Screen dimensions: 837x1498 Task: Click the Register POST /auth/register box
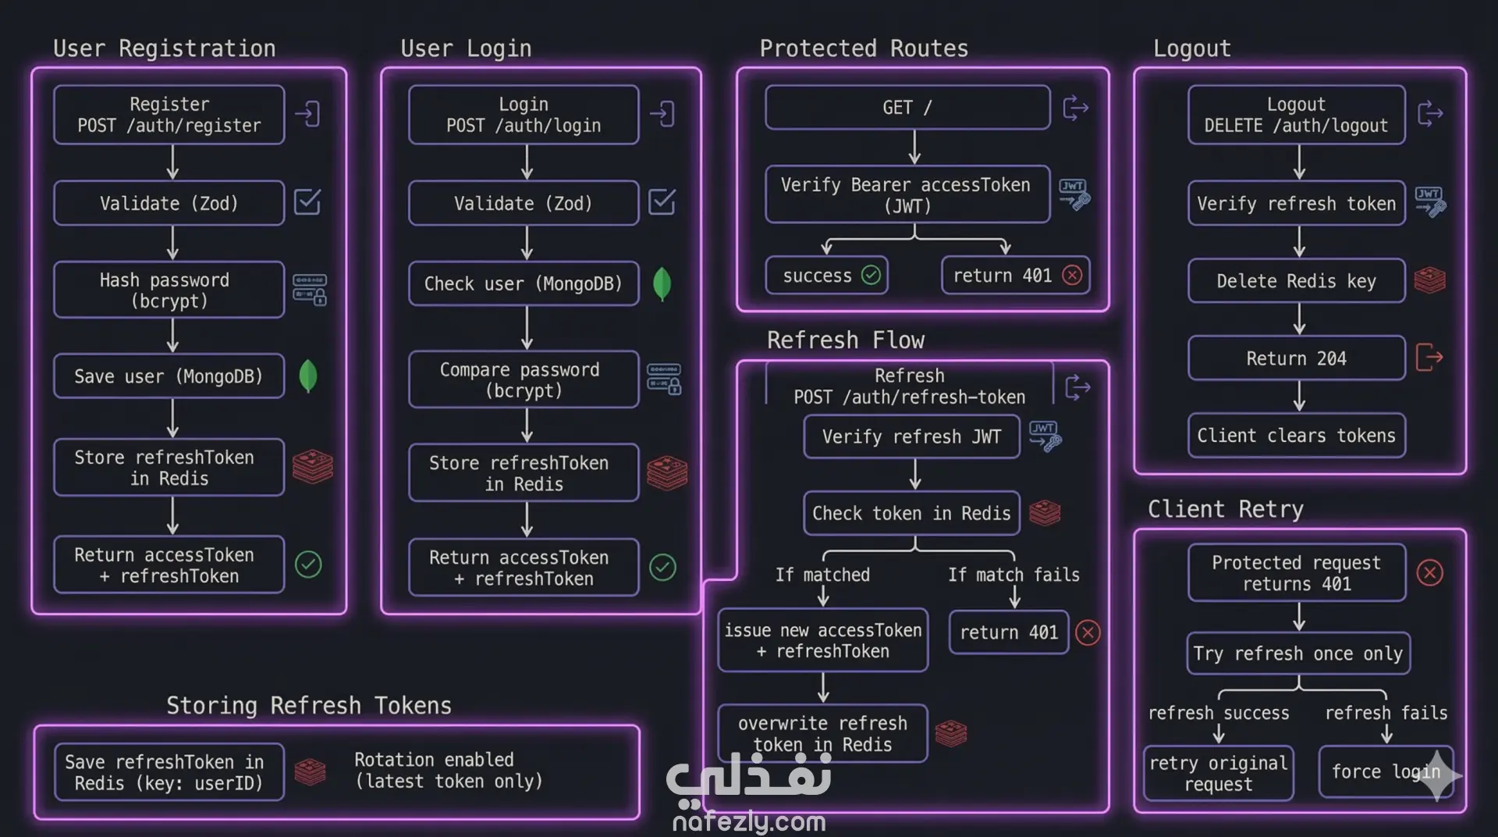click(x=169, y=115)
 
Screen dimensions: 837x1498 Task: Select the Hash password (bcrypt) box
click(x=169, y=290)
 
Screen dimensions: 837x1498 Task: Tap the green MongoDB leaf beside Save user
click(x=308, y=376)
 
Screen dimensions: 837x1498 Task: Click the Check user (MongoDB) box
click(x=524, y=283)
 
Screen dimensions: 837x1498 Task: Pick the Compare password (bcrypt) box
click(x=524, y=379)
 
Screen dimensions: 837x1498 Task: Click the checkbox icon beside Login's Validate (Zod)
click(x=662, y=202)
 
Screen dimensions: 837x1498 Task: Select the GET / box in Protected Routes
click(x=907, y=108)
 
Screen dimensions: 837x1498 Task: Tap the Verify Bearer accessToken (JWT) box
click(x=907, y=194)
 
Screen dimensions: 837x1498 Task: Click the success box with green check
click(x=827, y=275)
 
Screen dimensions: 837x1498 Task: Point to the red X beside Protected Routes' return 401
click(x=1073, y=275)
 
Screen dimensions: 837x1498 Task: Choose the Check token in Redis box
click(x=911, y=513)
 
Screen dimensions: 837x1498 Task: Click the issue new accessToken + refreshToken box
click(x=823, y=640)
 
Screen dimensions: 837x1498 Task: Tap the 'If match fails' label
click(x=1013, y=575)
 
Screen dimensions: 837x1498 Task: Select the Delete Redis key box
click(x=1296, y=281)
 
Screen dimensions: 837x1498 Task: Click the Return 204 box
click(x=1296, y=358)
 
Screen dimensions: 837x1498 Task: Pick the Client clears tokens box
click(x=1296, y=436)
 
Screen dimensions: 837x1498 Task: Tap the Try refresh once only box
click(x=1297, y=654)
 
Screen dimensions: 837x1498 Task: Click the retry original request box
click(x=1218, y=773)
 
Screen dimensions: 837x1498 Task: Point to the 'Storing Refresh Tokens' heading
click(x=309, y=705)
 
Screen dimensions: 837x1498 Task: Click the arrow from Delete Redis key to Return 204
click(x=1299, y=319)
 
